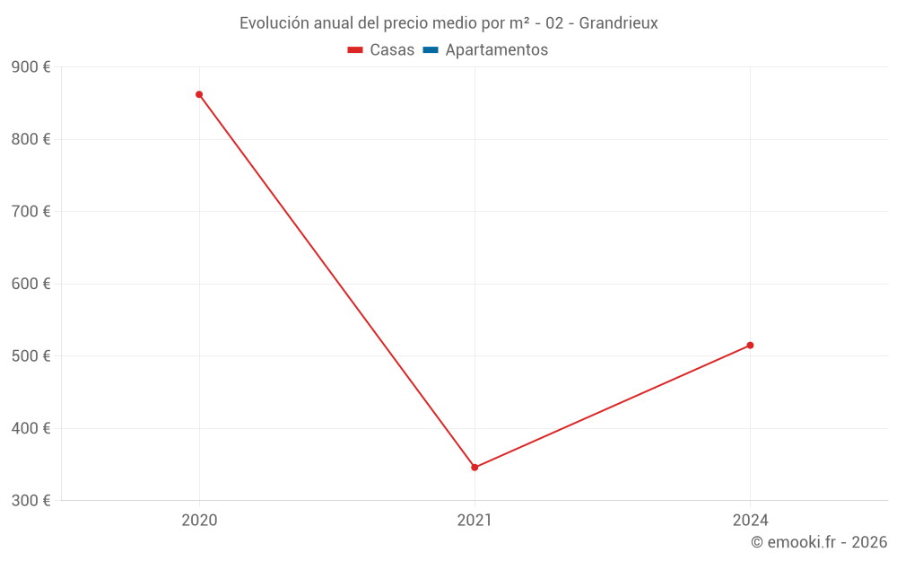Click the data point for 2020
click(199, 94)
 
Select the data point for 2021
click(475, 467)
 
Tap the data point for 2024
click(750, 345)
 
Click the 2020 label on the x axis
click(199, 520)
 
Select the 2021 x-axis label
click(475, 520)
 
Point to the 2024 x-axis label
click(750, 520)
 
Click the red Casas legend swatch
click(355, 50)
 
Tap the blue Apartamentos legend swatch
click(431, 50)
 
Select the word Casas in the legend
click(392, 50)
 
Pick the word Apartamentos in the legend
click(496, 50)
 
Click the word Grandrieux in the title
click(618, 23)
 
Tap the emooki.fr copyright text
click(819, 542)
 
